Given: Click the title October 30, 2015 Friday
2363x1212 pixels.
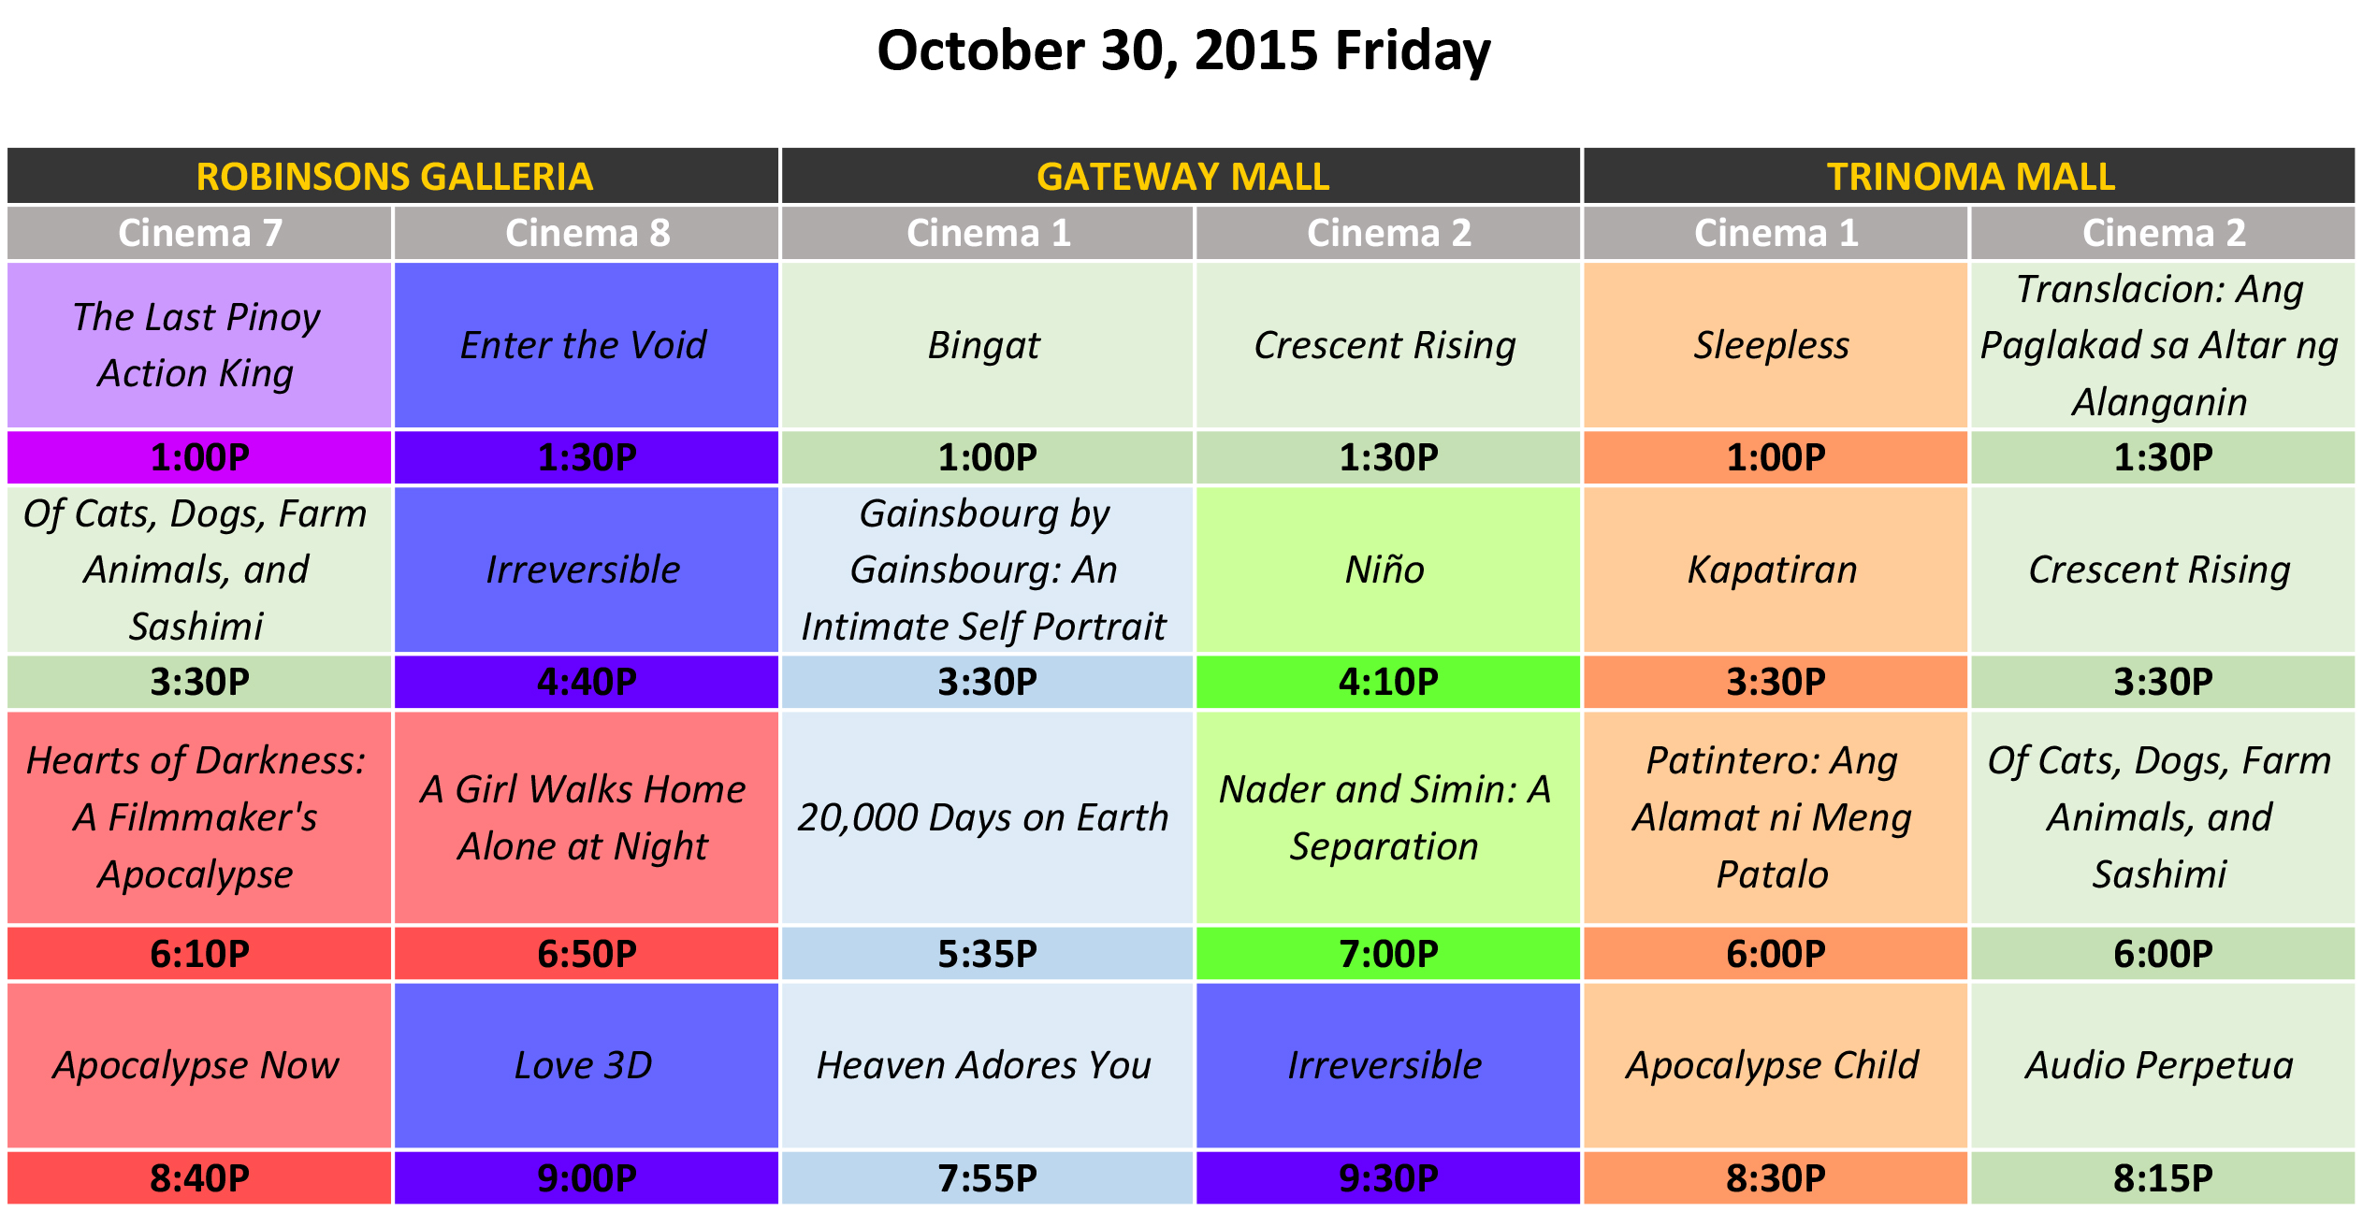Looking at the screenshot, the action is pyautogui.click(x=1183, y=51).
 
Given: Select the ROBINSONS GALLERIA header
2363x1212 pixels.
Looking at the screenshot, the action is pyautogui.click(x=394, y=176).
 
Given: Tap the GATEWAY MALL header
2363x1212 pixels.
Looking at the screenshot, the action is pyautogui.click(x=1181, y=176).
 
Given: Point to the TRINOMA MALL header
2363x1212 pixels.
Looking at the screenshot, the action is pyautogui.click(x=1970, y=176).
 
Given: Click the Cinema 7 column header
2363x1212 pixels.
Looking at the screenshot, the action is pyautogui.click(x=199, y=233).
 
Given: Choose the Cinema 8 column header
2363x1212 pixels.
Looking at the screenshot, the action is pyautogui.click(x=587, y=233).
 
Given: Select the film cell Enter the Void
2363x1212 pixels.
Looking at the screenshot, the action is pyautogui.click(x=587, y=345).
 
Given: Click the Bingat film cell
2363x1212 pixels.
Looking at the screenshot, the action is pyautogui.click(x=988, y=345).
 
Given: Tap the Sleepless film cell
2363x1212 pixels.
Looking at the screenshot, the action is pyautogui.click(x=1776, y=345).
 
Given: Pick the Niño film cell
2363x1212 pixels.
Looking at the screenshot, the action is pyautogui.click(x=1388, y=570).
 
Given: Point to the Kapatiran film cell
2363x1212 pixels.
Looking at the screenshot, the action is pyautogui.click(x=1776, y=570).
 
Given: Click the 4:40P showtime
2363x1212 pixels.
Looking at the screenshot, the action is pyautogui.click(x=587, y=682).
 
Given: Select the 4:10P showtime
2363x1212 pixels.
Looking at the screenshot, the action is pyautogui.click(x=1388, y=682).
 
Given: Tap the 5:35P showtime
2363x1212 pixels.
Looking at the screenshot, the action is pyautogui.click(x=988, y=954).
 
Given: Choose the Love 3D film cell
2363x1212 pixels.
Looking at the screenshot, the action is pyautogui.click(x=587, y=1065).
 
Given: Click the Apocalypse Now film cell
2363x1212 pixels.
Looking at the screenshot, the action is pyautogui.click(x=199, y=1065).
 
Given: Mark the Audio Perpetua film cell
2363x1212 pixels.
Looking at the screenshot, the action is pyautogui.click(x=2163, y=1065).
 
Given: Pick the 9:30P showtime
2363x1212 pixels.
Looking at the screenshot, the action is pyautogui.click(x=1388, y=1178).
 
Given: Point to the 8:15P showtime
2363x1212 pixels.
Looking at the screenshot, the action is pyautogui.click(x=2163, y=1178).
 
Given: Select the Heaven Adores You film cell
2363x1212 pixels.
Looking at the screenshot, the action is pyautogui.click(x=988, y=1065).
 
